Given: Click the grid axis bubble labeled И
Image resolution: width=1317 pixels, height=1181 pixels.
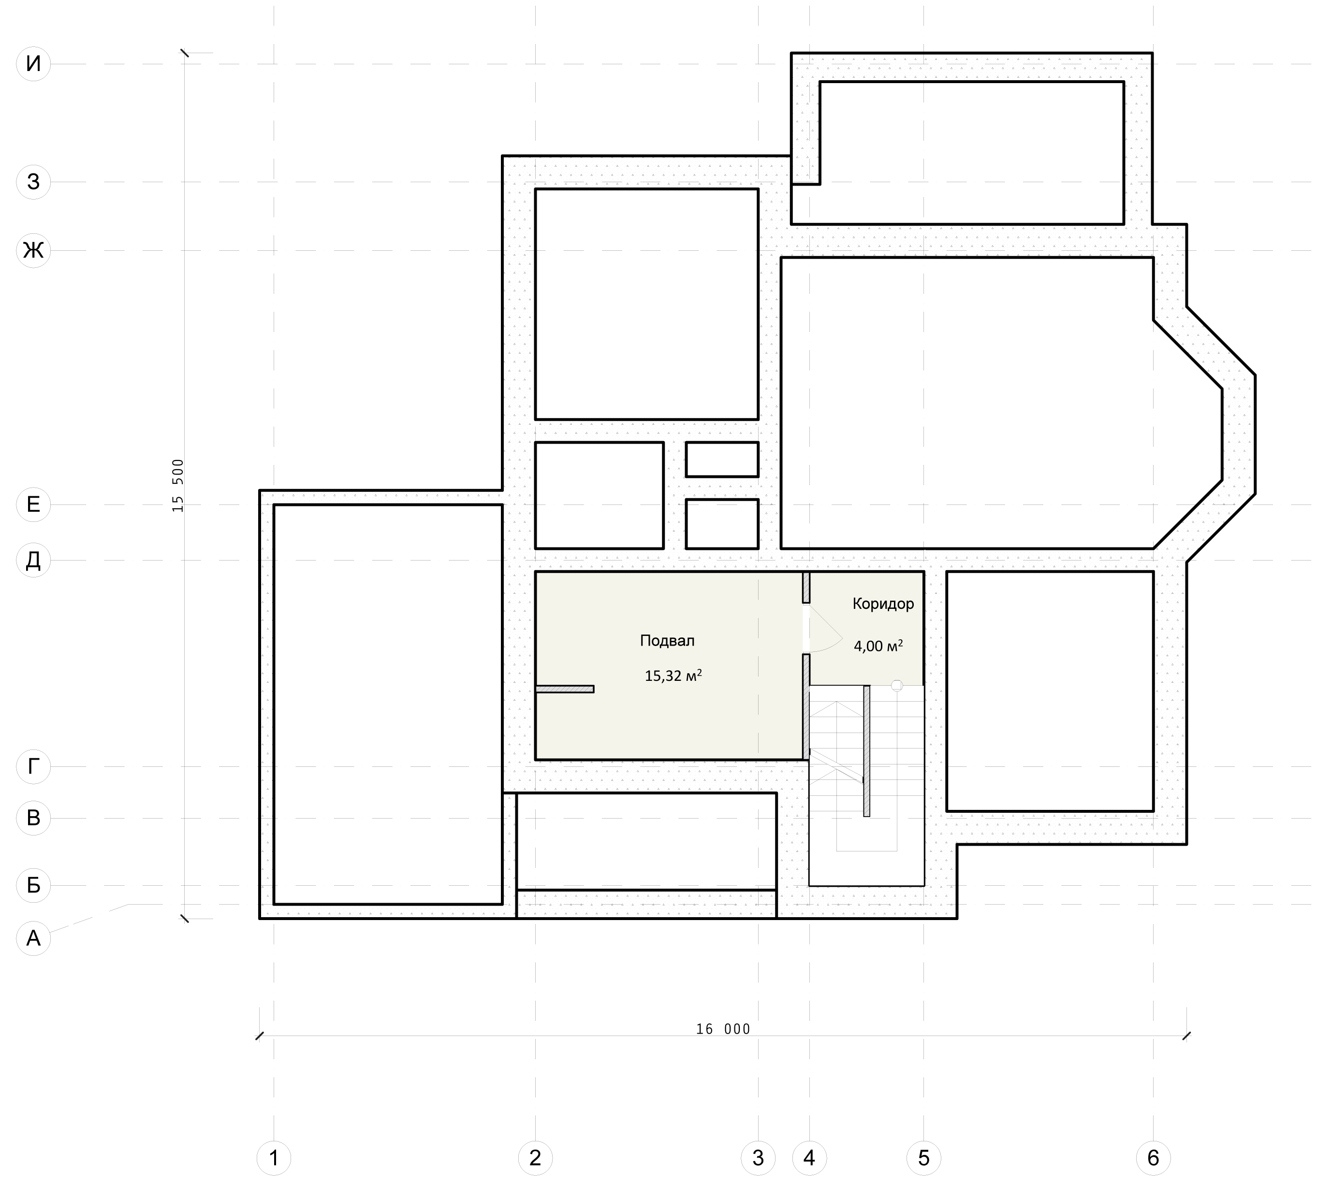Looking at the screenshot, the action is coord(33,64).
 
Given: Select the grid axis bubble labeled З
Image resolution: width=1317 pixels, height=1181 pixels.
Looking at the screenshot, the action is coord(33,182).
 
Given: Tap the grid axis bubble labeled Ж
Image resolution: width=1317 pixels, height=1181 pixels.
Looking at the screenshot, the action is coord(33,250).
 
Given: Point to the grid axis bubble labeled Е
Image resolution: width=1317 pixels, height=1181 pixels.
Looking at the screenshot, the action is coord(33,504).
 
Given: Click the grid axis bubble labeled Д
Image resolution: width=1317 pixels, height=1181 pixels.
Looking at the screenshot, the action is coord(33,560).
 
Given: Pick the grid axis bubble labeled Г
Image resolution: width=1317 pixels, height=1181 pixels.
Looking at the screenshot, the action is coord(33,766).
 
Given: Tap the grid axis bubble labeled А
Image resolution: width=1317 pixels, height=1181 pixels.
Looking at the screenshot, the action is coord(33,937).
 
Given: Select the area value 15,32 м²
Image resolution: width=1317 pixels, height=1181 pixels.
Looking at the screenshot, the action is coord(673,676).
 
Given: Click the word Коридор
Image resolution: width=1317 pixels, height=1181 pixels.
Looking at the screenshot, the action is coord(883,604).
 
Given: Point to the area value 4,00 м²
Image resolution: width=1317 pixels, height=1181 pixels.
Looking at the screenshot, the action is coord(878,646).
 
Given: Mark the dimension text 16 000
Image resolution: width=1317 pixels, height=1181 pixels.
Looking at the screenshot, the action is coord(723,1029).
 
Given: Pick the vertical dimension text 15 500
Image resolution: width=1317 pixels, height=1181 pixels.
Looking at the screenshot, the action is coord(178,485).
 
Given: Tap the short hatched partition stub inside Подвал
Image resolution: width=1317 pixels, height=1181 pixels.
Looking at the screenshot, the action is coord(565,689).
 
